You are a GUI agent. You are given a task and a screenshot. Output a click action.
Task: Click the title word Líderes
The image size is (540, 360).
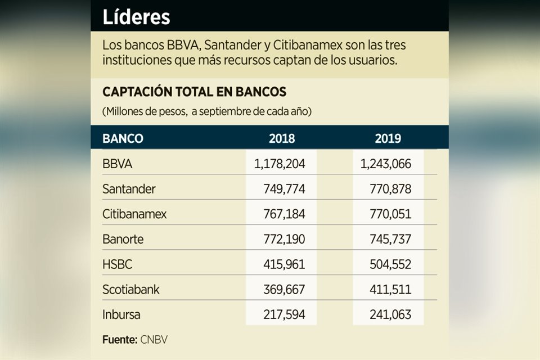(x=136, y=17)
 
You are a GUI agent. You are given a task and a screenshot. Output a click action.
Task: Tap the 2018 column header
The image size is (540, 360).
(x=282, y=138)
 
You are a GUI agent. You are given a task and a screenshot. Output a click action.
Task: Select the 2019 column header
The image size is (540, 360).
(x=388, y=138)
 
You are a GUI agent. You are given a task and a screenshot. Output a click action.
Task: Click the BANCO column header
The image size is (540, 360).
(x=123, y=138)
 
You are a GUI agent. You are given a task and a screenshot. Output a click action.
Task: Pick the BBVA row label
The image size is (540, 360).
(x=117, y=164)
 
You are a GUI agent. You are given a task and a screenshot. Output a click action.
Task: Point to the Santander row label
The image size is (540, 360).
(x=129, y=189)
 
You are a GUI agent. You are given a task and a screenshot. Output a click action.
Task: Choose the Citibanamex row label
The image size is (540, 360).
(x=134, y=214)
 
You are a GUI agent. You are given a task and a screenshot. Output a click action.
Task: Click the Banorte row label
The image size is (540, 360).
(x=123, y=239)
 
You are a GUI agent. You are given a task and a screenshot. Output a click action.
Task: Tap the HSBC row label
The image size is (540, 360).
(x=118, y=264)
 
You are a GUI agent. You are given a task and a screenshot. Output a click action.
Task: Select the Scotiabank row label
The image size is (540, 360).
(x=131, y=290)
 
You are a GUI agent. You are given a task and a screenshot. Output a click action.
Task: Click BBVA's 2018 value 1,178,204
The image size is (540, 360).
(x=280, y=164)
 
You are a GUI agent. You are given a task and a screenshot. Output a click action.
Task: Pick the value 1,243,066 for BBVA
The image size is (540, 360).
(x=386, y=164)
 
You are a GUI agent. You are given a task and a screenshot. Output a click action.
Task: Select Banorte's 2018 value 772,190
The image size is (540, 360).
(x=284, y=239)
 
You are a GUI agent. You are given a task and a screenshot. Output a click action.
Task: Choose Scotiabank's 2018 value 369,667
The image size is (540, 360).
(x=284, y=290)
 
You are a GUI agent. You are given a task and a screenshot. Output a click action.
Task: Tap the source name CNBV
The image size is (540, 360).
(x=155, y=340)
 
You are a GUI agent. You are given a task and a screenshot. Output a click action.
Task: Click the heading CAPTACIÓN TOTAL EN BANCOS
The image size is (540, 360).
(x=194, y=92)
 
